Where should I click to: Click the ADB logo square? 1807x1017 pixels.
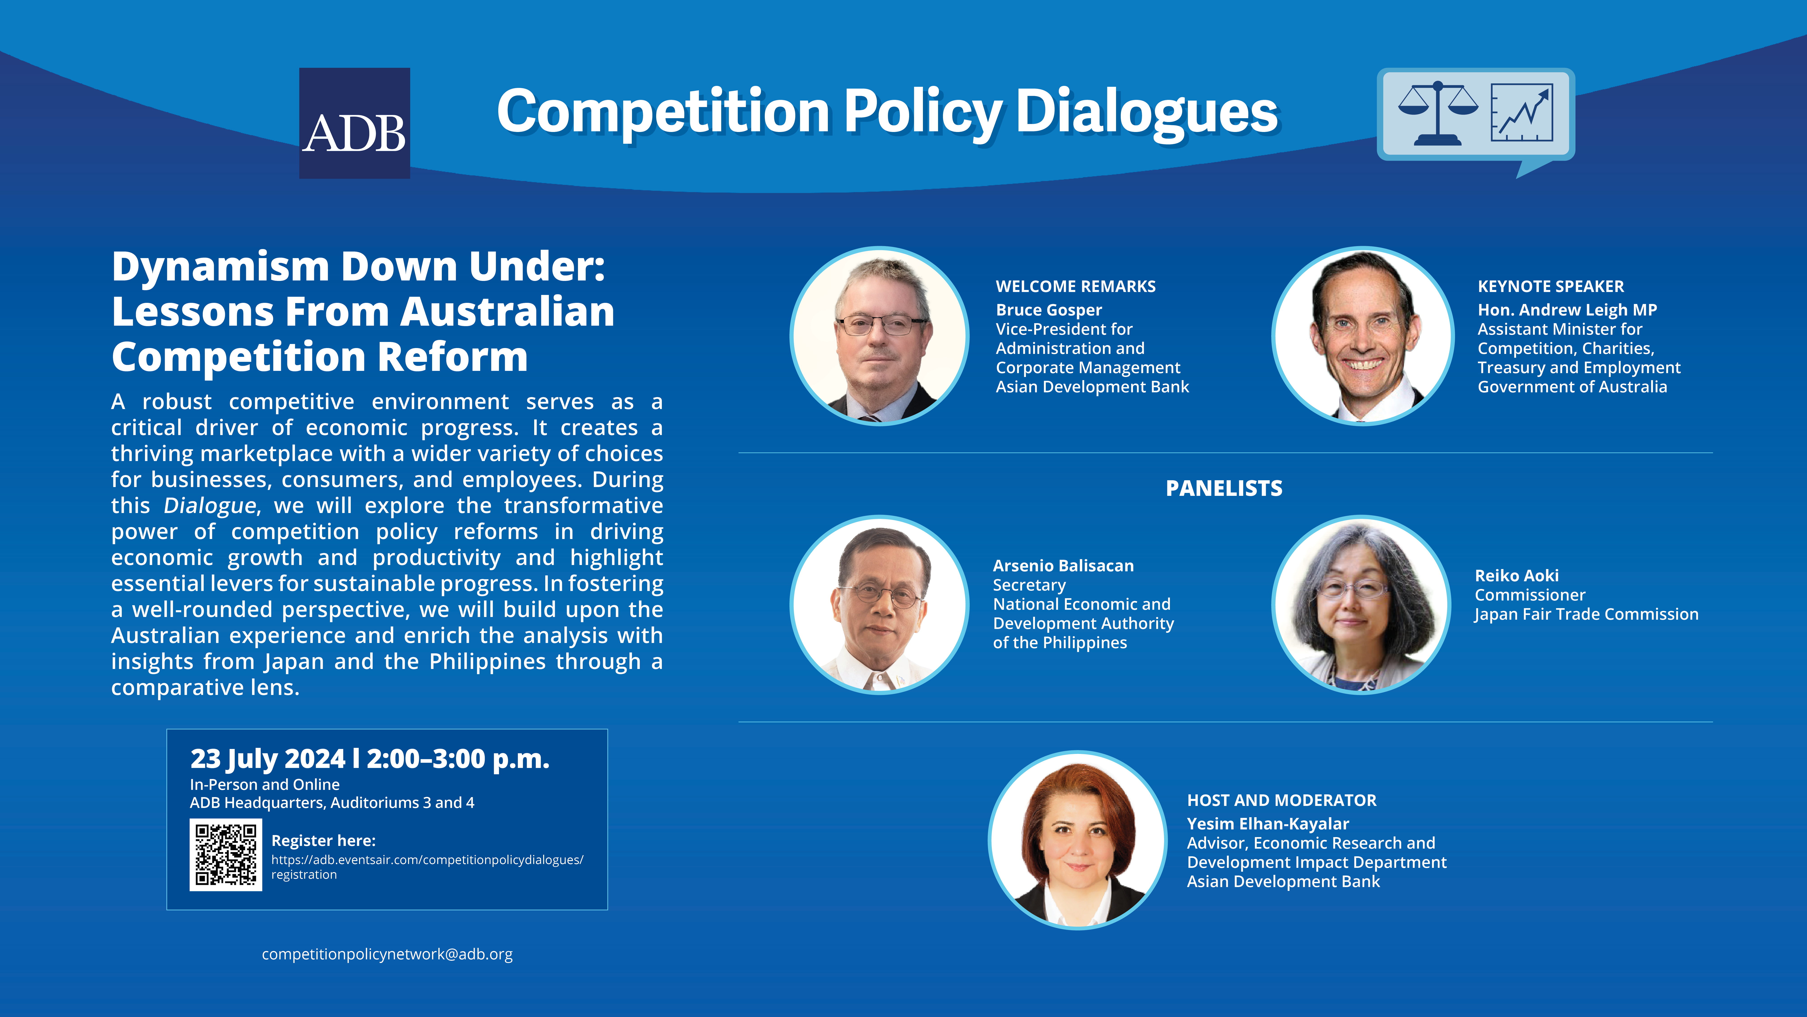pyautogui.click(x=354, y=123)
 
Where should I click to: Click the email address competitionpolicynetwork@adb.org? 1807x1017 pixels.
pyautogui.click(x=387, y=954)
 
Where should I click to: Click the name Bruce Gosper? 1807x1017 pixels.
pyautogui.click(x=1049, y=310)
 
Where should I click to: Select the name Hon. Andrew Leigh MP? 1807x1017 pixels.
pyautogui.click(x=1567, y=310)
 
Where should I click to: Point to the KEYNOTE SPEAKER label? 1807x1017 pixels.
pyautogui.click(x=1550, y=286)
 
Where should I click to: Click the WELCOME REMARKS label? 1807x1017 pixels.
pyautogui.click(x=1075, y=286)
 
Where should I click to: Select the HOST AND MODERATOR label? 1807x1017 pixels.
pyautogui.click(x=1282, y=800)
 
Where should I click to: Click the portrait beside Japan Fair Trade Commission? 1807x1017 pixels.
pyautogui.click(x=1362, y=605)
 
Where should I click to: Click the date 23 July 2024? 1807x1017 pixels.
pyautogui.click(x=268, y=759)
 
